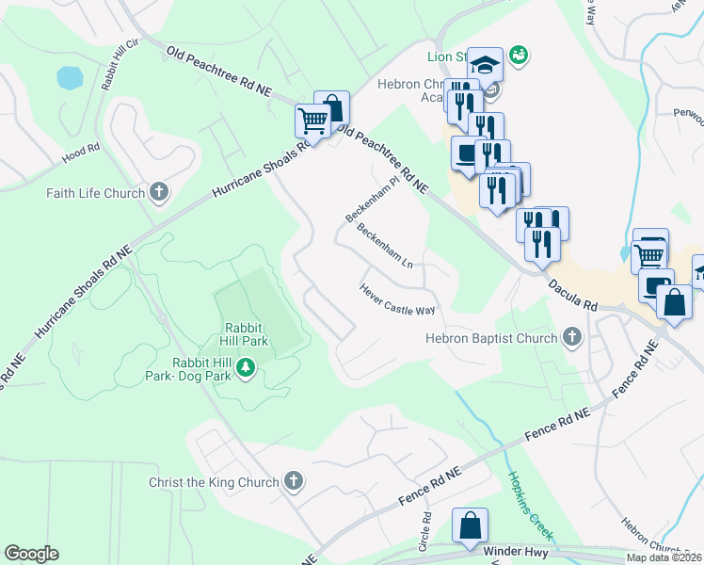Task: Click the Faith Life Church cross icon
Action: click(159, 194)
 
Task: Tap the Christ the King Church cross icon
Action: click(294, 482)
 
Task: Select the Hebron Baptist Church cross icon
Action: click(571, 338)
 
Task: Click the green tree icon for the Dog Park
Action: click(246, 366)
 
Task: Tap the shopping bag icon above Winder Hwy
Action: click(470, 525)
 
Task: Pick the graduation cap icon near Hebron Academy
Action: click(486, 65)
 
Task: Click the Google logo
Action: click(31, 554)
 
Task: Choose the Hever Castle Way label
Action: click(396, 300)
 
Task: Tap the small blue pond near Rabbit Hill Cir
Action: click(70, 77)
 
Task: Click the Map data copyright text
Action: click(664, 557)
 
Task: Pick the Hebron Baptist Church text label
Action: click(491, 338)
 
